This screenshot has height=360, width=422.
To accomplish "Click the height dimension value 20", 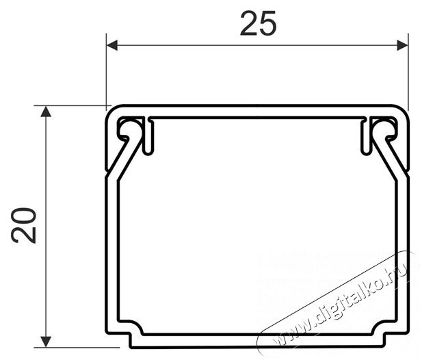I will click(25, 224).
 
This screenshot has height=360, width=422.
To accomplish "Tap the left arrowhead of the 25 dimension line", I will click(113, 46).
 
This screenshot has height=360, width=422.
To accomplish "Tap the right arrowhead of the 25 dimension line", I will click(401, 46).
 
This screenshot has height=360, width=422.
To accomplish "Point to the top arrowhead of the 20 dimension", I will click(46, 112).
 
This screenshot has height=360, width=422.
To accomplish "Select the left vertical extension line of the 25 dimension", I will click(107, 68).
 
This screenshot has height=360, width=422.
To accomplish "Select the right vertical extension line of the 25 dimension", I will click(408, 68).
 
